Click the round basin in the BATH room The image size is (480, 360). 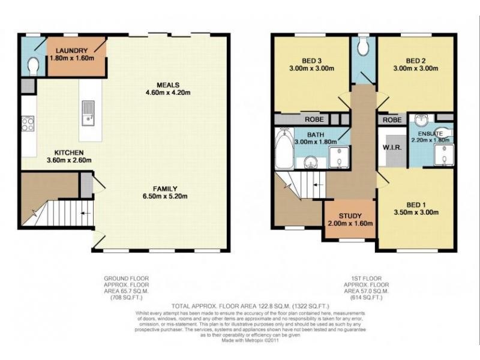[311, 160]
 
